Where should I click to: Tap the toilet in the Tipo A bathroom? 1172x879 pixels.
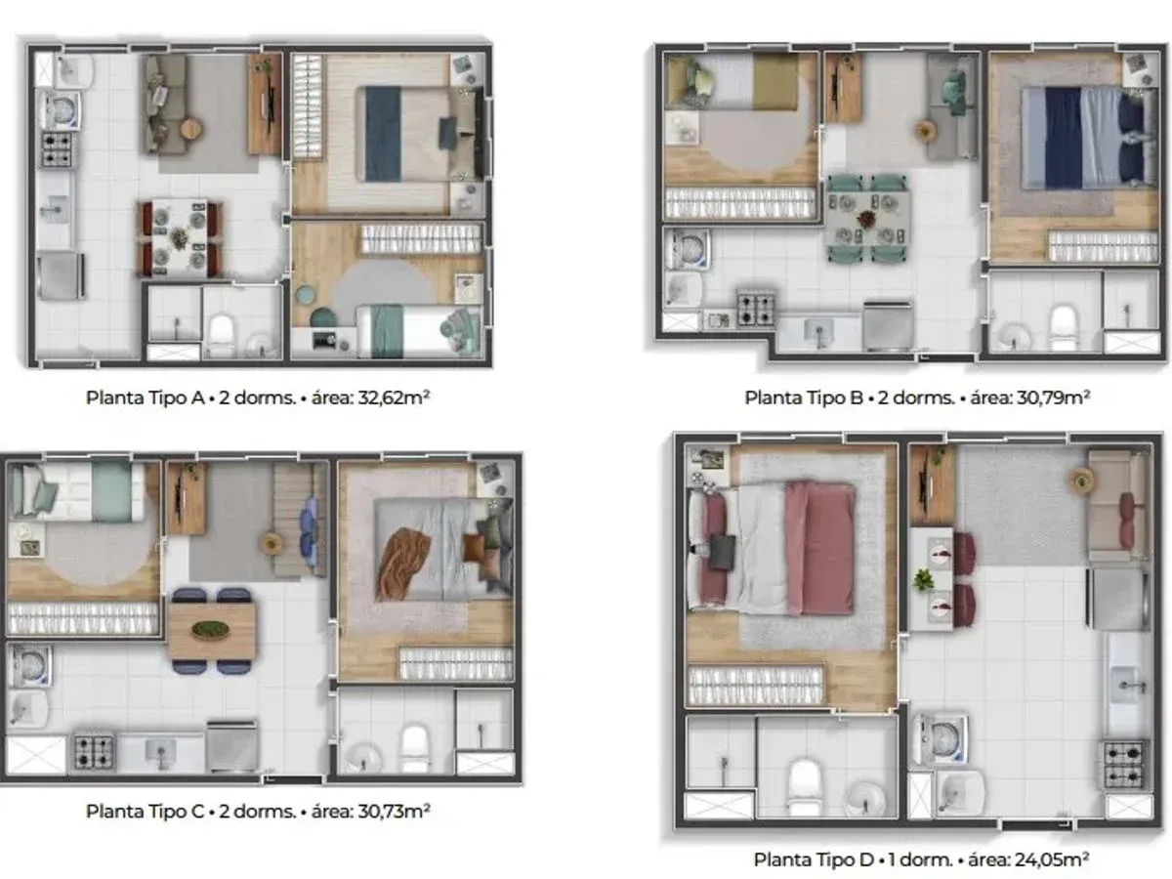[x=221, y=335]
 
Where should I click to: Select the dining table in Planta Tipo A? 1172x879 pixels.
[x=181, y=238]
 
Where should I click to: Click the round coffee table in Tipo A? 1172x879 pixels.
[x=190, y=128]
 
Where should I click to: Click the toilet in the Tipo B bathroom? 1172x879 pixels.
[x=1063, y=327]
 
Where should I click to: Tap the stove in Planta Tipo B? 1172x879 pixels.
[x=756, y=309]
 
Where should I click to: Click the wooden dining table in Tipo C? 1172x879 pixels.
[x=212, y=630]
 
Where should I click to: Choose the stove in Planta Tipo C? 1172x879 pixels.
[x=94, y=752]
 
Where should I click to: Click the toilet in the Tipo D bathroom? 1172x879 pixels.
[x=804, y=786]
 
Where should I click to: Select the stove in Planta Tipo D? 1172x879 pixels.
[x=1124, y=764]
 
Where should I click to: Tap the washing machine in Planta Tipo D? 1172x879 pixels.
[x=941, y=739]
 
